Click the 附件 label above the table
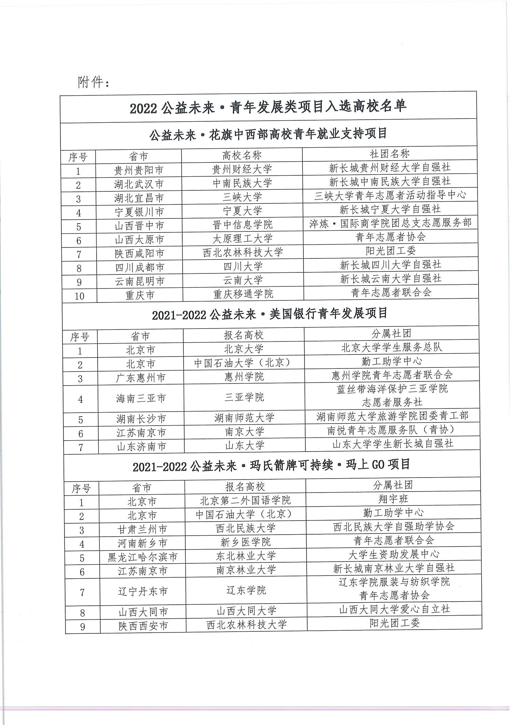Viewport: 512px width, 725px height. pos(93,82)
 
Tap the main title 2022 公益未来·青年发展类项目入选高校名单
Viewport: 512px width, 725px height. pos(268,107)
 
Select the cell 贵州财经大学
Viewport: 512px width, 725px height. pos(242,169)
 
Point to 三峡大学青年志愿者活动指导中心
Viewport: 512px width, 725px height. pos(390,195)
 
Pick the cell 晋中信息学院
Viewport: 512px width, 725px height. pos(242,225)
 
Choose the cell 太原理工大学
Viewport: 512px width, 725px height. pos(243,238)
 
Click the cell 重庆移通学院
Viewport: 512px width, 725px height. pos(243,294)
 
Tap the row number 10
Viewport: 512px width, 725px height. pos(79,296)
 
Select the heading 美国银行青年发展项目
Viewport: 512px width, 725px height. pos(270,314)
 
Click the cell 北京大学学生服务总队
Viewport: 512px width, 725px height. pos(392,347)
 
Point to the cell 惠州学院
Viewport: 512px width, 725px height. pos(244,377)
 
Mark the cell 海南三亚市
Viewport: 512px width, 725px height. pos(141,398)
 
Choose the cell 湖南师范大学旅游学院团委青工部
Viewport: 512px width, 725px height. pos(392,416)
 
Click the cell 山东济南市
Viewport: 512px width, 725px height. pos(141,446)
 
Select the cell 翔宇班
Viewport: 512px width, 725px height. pos(393,499)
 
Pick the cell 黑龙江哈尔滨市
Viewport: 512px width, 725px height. pos(143,558)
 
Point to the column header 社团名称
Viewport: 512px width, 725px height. pos(389,154)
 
